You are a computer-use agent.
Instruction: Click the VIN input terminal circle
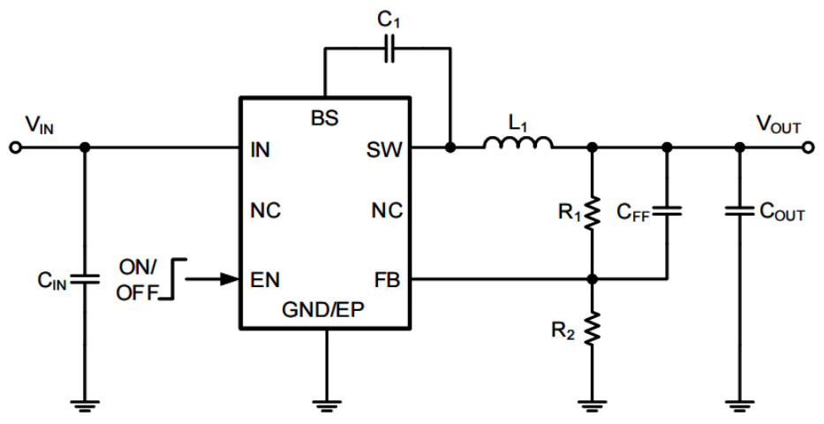14,148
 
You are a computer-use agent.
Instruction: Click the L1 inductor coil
518,144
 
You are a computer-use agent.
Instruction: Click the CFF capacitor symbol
668,212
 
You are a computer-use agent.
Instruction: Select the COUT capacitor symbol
740,212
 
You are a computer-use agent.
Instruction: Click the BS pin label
325,118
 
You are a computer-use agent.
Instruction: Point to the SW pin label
385,149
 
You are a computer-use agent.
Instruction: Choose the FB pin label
388,280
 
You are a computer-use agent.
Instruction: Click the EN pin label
266,280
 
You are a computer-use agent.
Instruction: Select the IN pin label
261,149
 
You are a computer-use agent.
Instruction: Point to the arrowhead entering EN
230,279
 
